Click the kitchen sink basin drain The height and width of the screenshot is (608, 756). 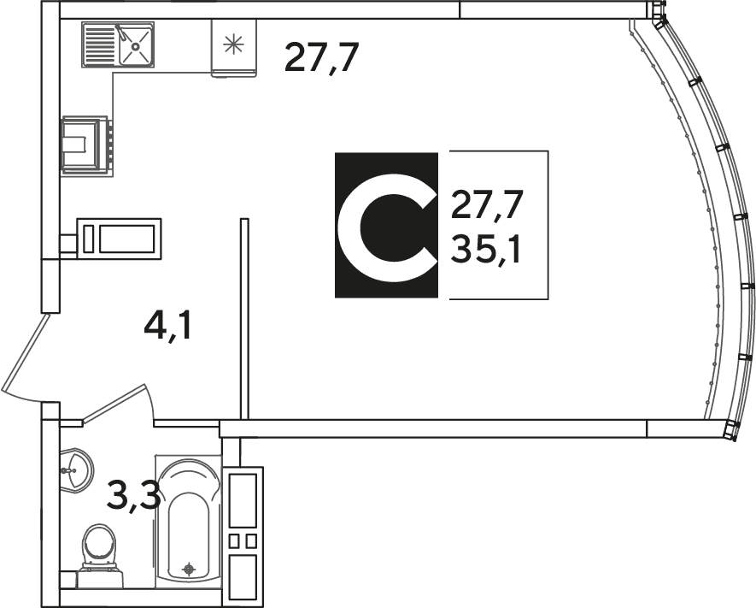137,46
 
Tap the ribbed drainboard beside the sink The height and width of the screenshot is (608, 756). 100,44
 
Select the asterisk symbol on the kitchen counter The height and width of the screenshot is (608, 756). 233,44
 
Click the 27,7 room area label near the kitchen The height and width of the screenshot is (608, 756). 322,58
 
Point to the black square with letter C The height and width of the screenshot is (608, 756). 387,225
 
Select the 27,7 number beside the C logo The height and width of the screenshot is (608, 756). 486,205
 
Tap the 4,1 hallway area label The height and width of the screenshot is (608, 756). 167,328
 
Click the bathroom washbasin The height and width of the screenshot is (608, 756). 76,470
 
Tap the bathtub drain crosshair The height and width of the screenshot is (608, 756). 190,570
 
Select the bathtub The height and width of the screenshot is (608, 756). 189,522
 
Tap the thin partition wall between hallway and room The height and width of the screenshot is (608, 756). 244,319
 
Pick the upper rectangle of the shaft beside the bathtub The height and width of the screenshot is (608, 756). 243,500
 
